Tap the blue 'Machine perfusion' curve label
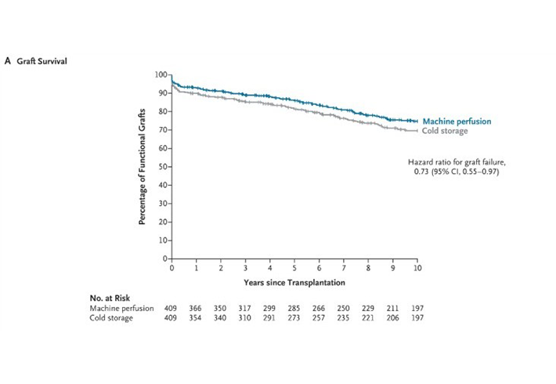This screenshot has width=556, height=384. (x=457, y=121)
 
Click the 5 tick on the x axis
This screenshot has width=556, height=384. (x=294, y=267)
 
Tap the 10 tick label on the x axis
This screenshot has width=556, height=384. (x=417, y=267)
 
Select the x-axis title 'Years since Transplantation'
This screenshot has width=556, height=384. (x=294, y=281)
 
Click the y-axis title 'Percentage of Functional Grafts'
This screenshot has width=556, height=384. (x=143, y=167)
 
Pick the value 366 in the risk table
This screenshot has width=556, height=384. (x=196, y=308)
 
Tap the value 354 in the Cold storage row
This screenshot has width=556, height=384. (x=196, y=318)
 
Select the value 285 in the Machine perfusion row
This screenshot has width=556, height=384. (x=294, y=308)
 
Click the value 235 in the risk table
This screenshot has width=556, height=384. (x=343, y=318)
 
